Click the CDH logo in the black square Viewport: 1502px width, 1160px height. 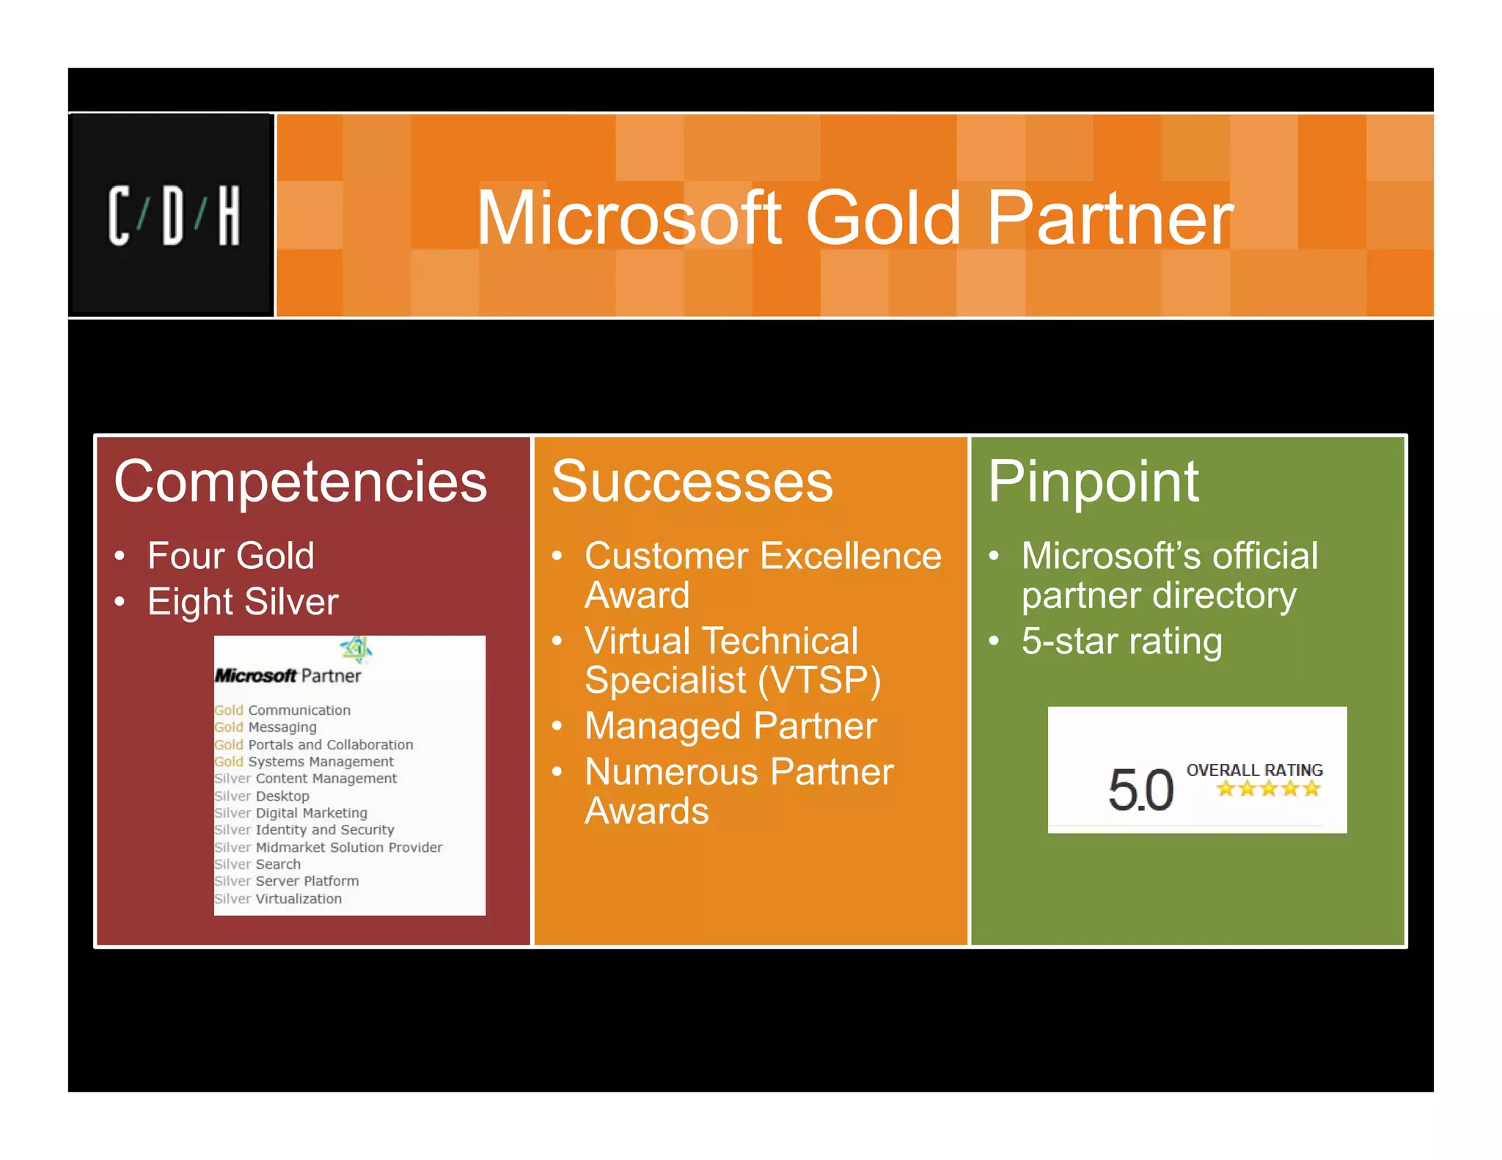click(x=174, y=216)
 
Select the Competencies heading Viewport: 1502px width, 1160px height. click(x=301, y=482)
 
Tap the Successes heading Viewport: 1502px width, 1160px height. click(x=692, y=482)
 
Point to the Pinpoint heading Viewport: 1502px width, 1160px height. click(x=1093, y=482)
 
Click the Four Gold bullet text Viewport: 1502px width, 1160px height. click(x=231, y=555)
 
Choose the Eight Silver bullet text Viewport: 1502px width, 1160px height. click(x=243, y=602)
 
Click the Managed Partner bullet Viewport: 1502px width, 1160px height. click(x=730, y=726)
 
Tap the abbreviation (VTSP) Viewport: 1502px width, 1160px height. click(x=818, y=680)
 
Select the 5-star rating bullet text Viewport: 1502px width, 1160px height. click(x=1121, y=641)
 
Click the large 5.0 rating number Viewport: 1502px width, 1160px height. click(x=1140, y=790)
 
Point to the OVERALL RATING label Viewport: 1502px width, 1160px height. click(x=1254, y=770)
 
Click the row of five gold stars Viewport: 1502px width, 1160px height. click(x=1268, y=789)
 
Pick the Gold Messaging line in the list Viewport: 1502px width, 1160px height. click(x=265, y=727)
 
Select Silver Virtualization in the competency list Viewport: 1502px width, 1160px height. click(x=278, y=898)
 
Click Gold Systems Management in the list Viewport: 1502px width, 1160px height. click(x=304, y=761)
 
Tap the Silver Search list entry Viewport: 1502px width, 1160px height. click(x=257, y=864)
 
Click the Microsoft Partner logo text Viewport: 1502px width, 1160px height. click(x=287, y=675)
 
